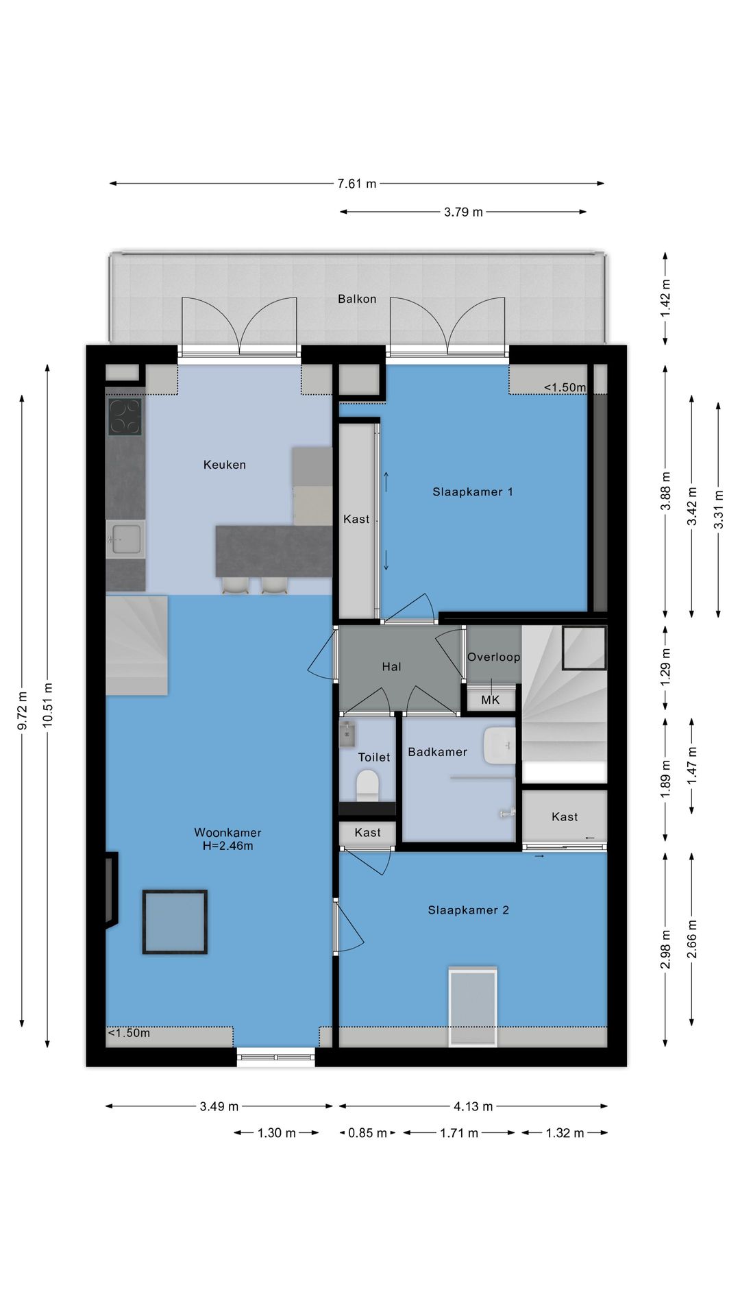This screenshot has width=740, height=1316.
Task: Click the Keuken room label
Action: (224, 465)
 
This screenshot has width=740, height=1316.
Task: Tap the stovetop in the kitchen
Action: (125, 417)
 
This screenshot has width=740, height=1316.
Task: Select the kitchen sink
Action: (125, 539)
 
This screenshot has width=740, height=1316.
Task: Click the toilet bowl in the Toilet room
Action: (368, 785)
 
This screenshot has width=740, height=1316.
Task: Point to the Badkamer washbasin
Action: (500, 746)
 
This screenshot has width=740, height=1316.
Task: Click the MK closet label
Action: (491, 700)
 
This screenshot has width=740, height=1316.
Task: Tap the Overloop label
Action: (493, 657)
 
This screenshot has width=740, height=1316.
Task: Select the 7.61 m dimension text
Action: (356, 184)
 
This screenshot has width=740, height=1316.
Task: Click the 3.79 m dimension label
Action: (463, 212)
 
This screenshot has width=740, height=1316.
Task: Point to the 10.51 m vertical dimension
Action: (47, 705)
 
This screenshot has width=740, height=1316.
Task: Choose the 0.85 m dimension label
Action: (367, 1133)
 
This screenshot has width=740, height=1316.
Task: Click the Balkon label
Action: (357, 299)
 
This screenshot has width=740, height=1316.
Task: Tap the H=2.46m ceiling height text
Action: (227, 846)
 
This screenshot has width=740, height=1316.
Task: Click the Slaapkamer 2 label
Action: (468, 910)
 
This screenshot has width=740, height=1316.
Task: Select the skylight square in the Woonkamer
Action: (175, 922)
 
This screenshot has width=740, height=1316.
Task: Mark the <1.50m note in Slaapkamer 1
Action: (565, 387)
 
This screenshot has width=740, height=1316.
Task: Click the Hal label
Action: (391, 666)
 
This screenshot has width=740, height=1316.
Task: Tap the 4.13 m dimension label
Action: (473, 1106)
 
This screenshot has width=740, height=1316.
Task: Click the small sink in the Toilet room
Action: (347, 734)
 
